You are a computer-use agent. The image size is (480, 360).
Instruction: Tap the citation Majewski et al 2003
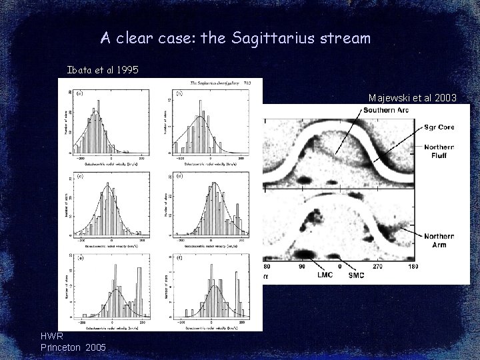412,98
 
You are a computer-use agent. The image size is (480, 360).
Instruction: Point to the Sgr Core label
439,127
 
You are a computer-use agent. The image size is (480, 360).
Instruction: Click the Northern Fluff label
439,151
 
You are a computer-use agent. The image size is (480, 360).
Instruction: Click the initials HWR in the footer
52,337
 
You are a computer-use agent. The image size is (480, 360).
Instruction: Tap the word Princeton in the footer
61,348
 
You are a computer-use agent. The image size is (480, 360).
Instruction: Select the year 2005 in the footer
94,348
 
